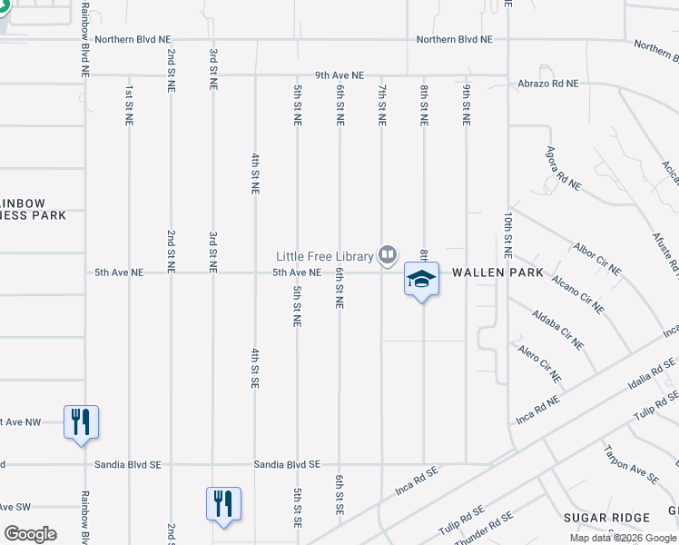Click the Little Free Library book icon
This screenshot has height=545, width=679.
[x=389, y=255]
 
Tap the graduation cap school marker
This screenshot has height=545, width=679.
[x=421, y=280]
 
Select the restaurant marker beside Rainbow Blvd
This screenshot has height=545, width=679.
[x=81, y=422]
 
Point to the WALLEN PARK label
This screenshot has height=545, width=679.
[x=497, y=272]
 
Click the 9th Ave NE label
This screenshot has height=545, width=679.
[x=339, y=75]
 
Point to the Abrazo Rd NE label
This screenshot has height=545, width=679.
[x=547, y=83]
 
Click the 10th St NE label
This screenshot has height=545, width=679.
[x=507, y=234]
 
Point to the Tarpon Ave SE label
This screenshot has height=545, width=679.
[x=631, y=462]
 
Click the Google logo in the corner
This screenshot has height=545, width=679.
[x=30, y=534]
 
